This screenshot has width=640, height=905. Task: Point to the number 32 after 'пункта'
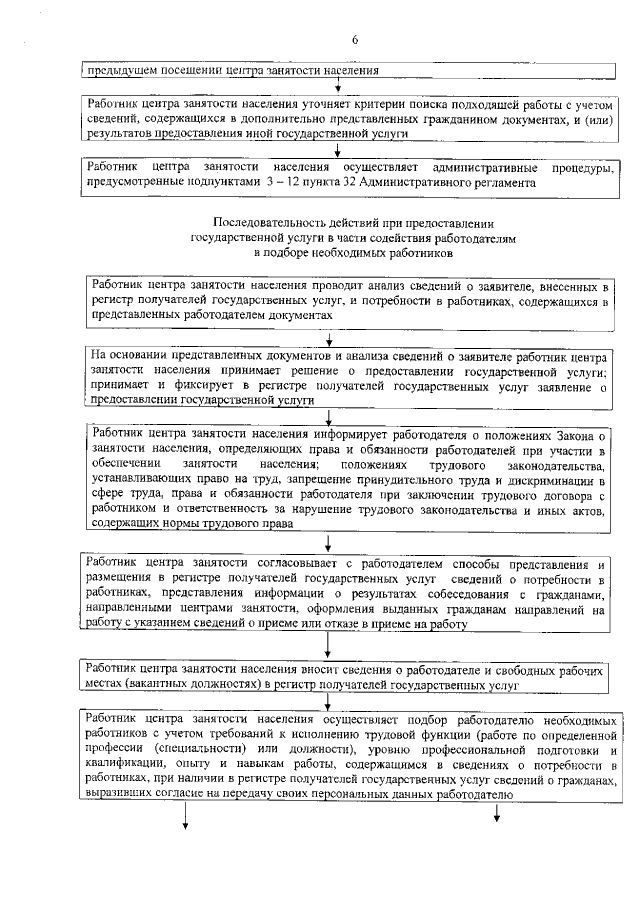pyautogui.click(x=358, y=183)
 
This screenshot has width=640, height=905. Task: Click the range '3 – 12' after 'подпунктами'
pyautogui.click(x=288, y=183)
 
